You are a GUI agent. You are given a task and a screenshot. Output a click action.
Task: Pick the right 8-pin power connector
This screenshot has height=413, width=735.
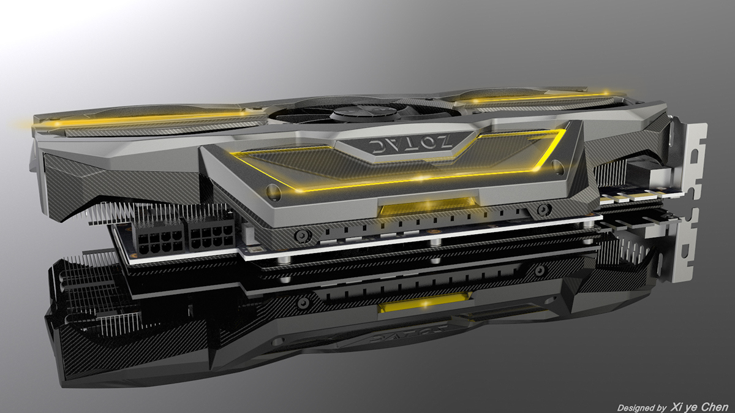211,234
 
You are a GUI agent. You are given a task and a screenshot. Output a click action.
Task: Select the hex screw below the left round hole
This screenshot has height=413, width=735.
301,235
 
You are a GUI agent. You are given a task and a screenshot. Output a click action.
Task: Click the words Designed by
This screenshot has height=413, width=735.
642,407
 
